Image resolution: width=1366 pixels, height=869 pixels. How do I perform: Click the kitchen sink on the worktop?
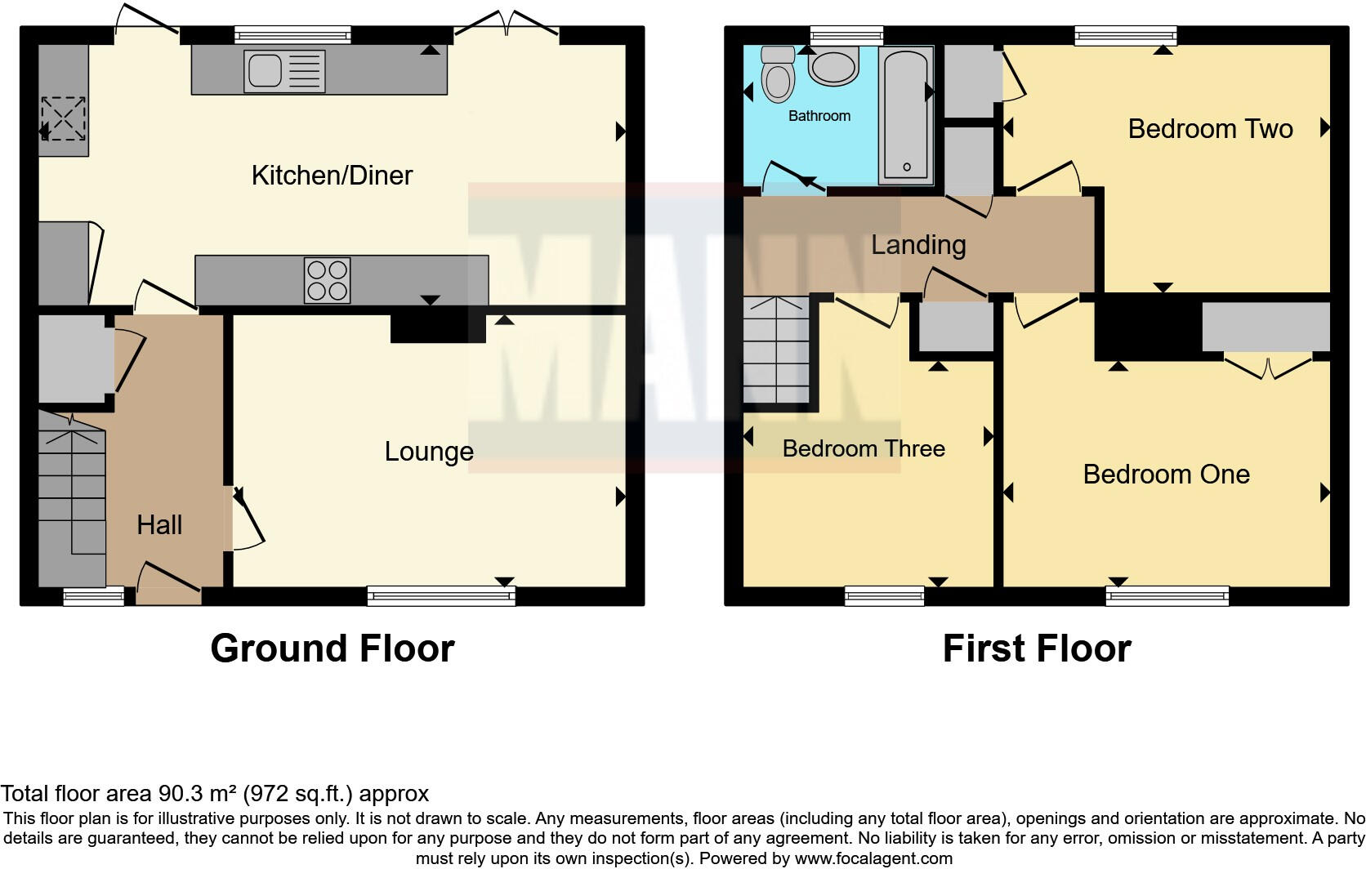[283, 71]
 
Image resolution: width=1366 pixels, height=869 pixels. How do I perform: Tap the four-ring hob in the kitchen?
[327, 280]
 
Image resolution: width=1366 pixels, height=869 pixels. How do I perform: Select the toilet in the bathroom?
[777, 76]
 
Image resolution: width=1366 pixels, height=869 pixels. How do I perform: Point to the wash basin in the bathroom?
[833, 65]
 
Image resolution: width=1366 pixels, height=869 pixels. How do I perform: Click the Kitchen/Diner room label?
[332, 176]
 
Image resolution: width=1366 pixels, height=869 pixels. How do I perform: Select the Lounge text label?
[429, 452]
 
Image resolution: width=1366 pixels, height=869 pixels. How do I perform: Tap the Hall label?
[159, 525]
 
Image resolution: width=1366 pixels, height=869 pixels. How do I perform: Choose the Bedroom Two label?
[1210, 129]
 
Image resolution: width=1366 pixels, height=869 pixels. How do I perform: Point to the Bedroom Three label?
[864, 448]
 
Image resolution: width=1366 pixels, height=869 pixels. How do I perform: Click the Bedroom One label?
[1166, 475]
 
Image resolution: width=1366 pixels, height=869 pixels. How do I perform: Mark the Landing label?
[918, 245]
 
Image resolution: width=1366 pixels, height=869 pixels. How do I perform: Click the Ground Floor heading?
[332, 648]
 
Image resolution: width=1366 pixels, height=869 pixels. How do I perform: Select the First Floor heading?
[1036, 648]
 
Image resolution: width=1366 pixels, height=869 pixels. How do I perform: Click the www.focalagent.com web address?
[873, 858]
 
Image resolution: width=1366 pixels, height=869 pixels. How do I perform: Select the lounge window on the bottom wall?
[441, 596]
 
